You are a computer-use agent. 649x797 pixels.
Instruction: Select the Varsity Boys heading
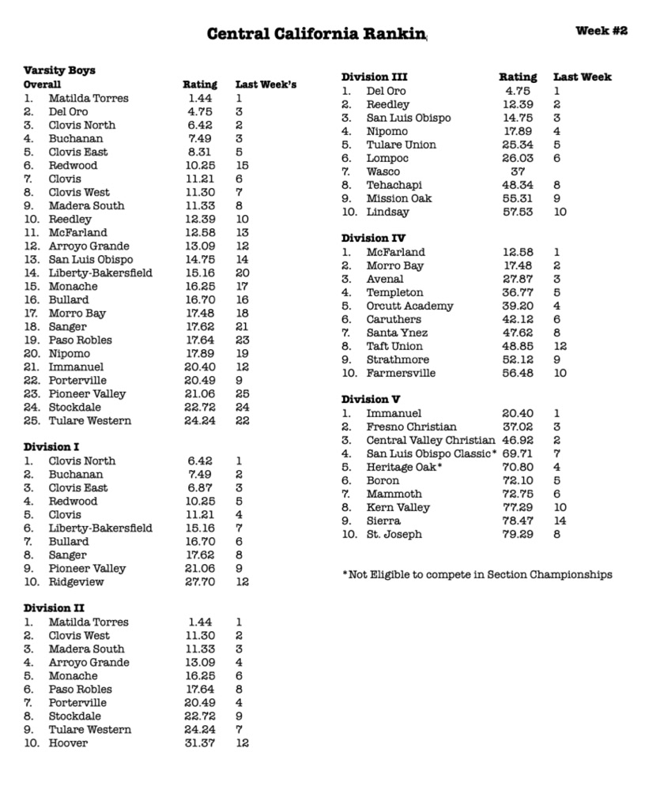tap(59, 70)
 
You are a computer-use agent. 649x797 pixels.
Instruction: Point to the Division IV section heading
tap(374, 239)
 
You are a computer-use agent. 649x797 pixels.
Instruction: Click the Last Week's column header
tap(266, 85)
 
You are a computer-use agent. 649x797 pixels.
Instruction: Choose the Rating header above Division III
tap(518, 77)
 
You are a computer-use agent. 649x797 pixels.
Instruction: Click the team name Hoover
tap(68, 743)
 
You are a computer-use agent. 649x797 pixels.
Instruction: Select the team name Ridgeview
tap(76, 582)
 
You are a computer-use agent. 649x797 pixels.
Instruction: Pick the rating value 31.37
tap(200, 743)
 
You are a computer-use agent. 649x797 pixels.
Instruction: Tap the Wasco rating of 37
tap(518, 171)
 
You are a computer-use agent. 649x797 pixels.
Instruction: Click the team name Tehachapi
tap(394, 185)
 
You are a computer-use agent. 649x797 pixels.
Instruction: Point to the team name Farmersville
tap(401, 373)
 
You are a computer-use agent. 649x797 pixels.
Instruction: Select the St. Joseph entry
tap(394, 534)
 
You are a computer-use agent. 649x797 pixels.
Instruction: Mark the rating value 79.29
tap(518, 534)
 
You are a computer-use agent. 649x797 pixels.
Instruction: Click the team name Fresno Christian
tap(411, 427)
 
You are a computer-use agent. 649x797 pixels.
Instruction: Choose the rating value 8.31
tap(200, 152)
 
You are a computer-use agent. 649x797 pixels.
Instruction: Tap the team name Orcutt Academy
tap(409, 306)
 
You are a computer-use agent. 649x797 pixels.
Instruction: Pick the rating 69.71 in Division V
tap(518, 453)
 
